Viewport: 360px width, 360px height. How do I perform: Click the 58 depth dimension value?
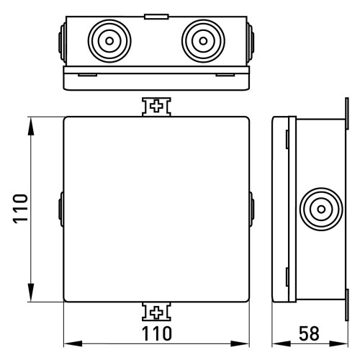coord(309,333)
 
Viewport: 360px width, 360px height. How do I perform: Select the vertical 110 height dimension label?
coord(20,209)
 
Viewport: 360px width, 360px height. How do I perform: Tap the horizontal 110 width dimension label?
coord(157,333)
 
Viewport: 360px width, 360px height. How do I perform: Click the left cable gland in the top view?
coord(109,41)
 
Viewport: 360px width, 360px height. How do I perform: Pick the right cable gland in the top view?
coord(203,41)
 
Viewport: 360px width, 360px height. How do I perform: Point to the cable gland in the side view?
coord(321,210)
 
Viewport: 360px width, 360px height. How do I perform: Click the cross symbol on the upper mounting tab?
coord(156,107)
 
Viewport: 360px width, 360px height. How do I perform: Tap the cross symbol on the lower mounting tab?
coord(156,312)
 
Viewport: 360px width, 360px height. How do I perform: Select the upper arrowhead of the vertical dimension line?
coord(31,127)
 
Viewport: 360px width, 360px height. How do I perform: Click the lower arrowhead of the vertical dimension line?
coord(31,292)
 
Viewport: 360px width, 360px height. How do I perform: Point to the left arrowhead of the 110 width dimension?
coord(73,343)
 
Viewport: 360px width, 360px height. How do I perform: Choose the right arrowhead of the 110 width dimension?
coord(240,343)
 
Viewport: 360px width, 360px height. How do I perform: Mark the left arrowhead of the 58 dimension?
coord(282,343)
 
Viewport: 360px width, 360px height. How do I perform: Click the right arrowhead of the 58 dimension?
coord(338,343)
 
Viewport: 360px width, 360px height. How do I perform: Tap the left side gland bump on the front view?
coord(61,210)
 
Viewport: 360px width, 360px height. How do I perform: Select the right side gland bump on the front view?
coord(251,210)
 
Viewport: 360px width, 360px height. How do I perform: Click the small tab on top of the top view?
coord(156,17)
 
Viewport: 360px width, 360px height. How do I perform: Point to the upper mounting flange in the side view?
coord(347,114)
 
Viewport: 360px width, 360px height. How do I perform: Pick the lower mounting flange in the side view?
coord(347,305)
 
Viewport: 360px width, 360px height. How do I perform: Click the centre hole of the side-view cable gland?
coord(321,210)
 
